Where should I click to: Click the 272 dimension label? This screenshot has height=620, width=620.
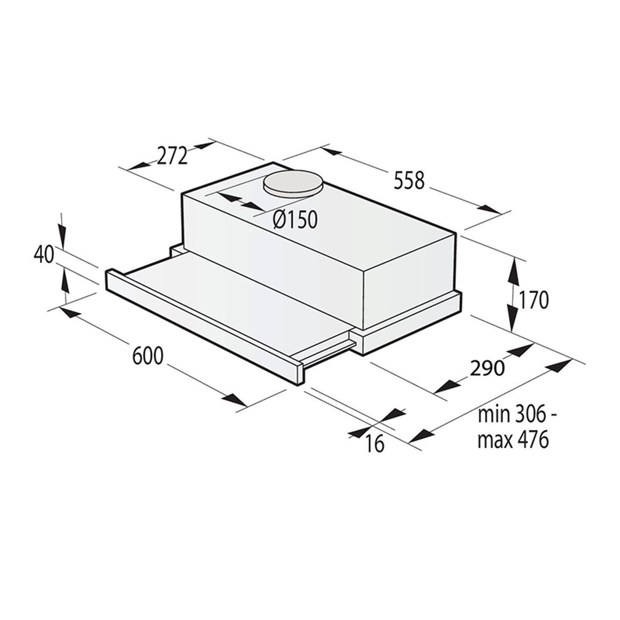[172, 156]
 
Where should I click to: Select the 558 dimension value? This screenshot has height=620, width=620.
[409, 180]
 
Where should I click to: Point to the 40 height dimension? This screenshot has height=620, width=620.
[43, 255]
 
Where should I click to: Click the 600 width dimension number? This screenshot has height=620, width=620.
[147, 356]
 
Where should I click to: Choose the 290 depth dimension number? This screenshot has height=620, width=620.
[487, 368]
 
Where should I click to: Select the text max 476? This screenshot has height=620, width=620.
[513, 439]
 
